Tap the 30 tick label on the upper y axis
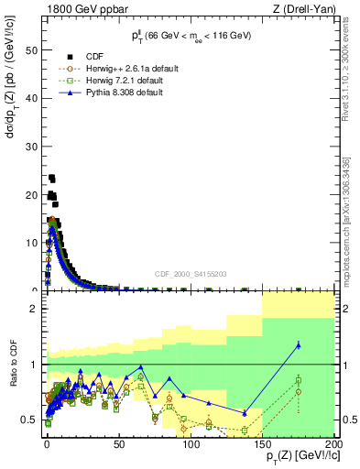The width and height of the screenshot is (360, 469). (33, 145)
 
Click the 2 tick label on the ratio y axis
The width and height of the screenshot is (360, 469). (37, 310)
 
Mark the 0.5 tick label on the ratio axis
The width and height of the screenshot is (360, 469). (33, 420)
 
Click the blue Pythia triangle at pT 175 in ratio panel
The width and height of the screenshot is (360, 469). (299, 344)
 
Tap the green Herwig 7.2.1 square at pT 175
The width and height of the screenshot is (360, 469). (299, 379)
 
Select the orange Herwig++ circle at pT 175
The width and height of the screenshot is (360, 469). (299, 391)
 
